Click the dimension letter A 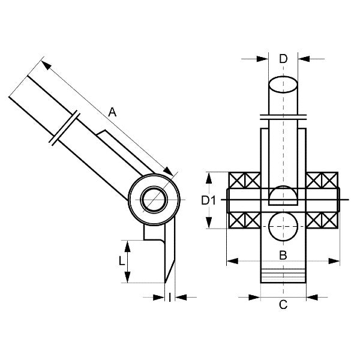(112, 111)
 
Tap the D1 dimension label (208, 200)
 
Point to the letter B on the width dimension (284, 256)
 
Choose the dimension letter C (284, 305)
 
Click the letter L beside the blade (121, 261)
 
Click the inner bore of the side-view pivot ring (155, 198)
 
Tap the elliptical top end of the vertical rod (284, 83)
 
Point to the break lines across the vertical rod (284, 115)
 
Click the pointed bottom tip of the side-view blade (166, 282)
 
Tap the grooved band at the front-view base (284, 277)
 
